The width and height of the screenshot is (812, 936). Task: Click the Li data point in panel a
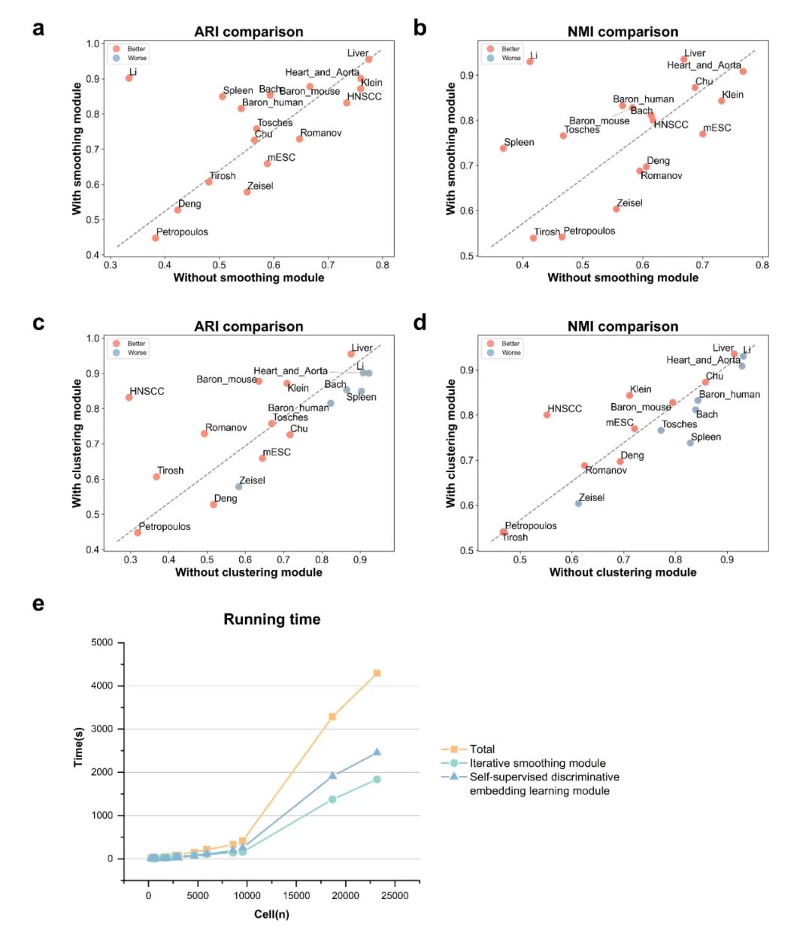[129, 78]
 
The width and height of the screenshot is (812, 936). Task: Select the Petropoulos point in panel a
[156, 238]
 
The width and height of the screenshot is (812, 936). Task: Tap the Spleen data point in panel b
[503, 148]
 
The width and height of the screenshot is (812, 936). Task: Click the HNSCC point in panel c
[129, 397]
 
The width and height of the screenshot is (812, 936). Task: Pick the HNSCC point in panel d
[547, 415]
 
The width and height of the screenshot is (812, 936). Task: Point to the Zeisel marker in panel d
[578, 503]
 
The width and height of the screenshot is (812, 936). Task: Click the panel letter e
[38, 604]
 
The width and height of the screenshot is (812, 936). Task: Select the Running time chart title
[271, 619]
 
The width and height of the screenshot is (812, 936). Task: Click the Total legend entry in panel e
[482, 749]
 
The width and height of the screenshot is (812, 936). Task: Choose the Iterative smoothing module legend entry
[537, 763]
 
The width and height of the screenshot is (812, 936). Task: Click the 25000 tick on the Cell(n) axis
[395, 895]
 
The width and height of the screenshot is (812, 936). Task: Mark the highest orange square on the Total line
[377, 673]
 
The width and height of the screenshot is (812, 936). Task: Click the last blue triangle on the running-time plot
[377, 752]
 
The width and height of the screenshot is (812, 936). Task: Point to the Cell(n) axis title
[271, 914]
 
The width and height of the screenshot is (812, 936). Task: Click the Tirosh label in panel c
[171, 471]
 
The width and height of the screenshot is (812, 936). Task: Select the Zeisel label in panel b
[629, 203]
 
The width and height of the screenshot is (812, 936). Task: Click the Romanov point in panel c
[205, 434]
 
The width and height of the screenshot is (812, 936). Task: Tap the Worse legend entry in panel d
[511, 353]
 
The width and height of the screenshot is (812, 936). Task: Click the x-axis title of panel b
[623, 277]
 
